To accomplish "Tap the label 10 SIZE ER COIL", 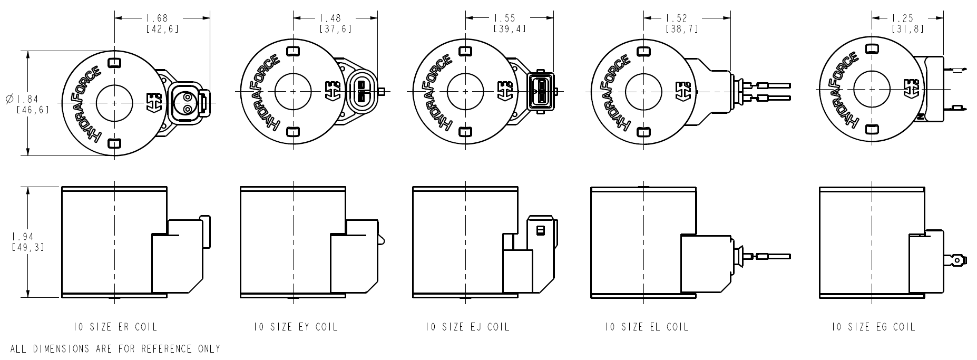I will click(x=115, y=327).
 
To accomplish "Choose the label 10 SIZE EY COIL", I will click(x=295, y=327).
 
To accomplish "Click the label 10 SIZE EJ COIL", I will click(x=467, y=327).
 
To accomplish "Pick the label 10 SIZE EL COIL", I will click(x=647, y=327).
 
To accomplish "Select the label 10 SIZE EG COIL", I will click(x=873, y=327).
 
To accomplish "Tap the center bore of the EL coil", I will click(x=643, y=91).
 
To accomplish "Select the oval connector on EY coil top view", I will click(x=361, y=91).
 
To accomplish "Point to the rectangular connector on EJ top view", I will click(x=540, y=91).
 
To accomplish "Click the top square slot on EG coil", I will click(x=873, y=48).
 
